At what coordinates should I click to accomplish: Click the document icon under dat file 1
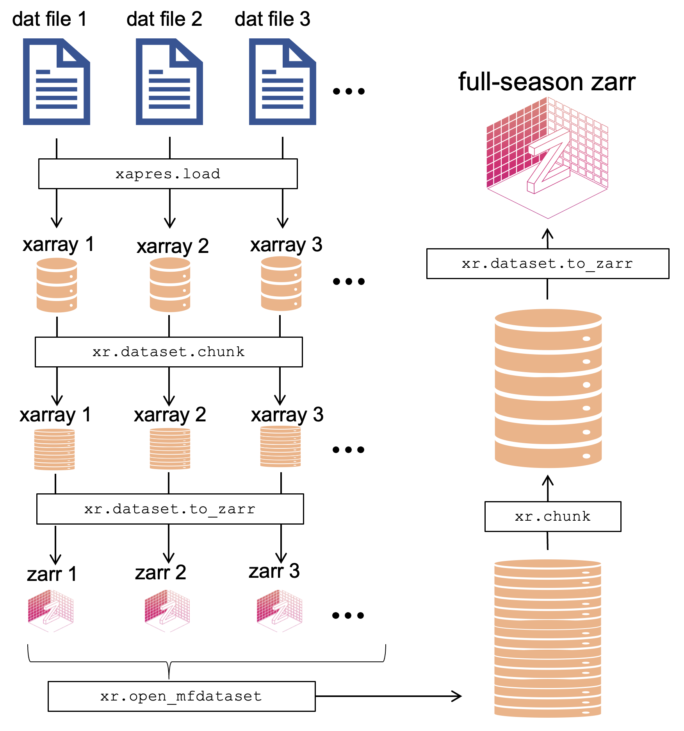(57, 82)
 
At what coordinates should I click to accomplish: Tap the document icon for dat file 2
(169, 82)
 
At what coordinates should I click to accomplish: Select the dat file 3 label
(272, 19)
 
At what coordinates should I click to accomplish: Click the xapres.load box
(168, 174)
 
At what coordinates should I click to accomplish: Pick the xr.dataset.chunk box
(169, 352)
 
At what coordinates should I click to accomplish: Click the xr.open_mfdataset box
(182, 696)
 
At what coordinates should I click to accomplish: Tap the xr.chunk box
(553, 516)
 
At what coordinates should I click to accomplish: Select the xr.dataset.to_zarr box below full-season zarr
(548, 264)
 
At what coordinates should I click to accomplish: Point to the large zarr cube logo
(547, 156)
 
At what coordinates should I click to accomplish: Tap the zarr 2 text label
(160, 573)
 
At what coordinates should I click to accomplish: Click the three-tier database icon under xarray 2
(170, 285)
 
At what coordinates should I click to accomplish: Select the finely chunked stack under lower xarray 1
(55, 449)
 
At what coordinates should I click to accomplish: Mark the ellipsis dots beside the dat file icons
(349, 91)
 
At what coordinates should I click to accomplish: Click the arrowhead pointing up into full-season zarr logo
(548, 233)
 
